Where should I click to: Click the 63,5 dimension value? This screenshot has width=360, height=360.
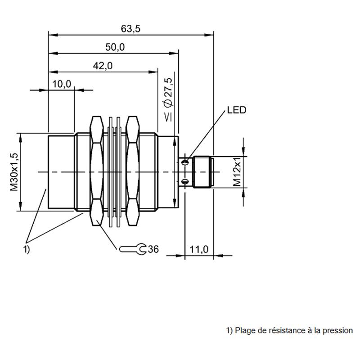pos(130,29)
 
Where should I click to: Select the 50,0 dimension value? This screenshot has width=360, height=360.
pos(115,47)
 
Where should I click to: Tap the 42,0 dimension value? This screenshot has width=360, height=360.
pos(103,66)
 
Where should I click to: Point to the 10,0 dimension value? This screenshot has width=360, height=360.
pos(62,84)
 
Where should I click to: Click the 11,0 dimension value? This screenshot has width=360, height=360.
pos(199,249)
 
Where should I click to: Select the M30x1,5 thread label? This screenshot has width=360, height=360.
pos(14,172)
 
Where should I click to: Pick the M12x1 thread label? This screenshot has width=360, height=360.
pos(237,172)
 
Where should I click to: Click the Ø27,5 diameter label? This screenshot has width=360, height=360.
pos(168,99)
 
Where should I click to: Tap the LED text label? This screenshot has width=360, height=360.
pos(237,110)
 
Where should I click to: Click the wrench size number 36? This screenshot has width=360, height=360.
pos(153,249)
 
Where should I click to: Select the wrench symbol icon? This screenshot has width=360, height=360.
pos(133,249)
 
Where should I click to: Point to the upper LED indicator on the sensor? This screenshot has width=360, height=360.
pos(185,162)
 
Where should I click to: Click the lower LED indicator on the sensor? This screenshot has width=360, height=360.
pos(185,182)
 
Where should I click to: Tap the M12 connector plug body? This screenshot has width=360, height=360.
pos(202,172)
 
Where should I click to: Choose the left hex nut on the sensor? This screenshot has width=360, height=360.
pos(96,171)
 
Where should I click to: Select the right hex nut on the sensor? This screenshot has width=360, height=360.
pos(133,171)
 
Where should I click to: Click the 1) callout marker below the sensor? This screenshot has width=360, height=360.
pos(27,249)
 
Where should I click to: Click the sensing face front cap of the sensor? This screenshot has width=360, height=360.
pos(61,172)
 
